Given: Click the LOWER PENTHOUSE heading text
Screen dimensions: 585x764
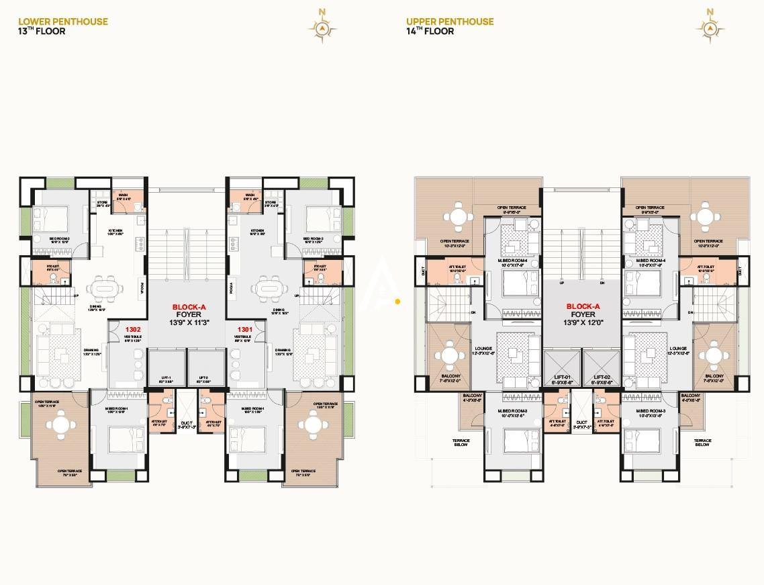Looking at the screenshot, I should (63, 21).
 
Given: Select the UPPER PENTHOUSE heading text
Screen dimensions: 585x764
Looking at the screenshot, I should (450, 21).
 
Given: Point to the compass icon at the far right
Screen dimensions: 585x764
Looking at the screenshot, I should (711, 26).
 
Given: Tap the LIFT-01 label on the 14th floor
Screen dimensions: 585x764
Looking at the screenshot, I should (561, 378).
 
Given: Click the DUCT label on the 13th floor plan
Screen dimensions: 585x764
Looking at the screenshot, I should (186, 424).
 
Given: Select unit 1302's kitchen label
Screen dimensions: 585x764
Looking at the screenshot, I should (115, 230).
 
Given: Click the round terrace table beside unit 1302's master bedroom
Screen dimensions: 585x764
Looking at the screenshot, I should (61, 424).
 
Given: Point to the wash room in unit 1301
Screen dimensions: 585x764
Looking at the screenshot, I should (240, 198).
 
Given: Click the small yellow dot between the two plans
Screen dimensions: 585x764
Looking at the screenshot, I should (398, 302).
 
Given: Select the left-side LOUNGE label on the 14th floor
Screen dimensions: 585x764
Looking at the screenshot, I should (483, 349).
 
